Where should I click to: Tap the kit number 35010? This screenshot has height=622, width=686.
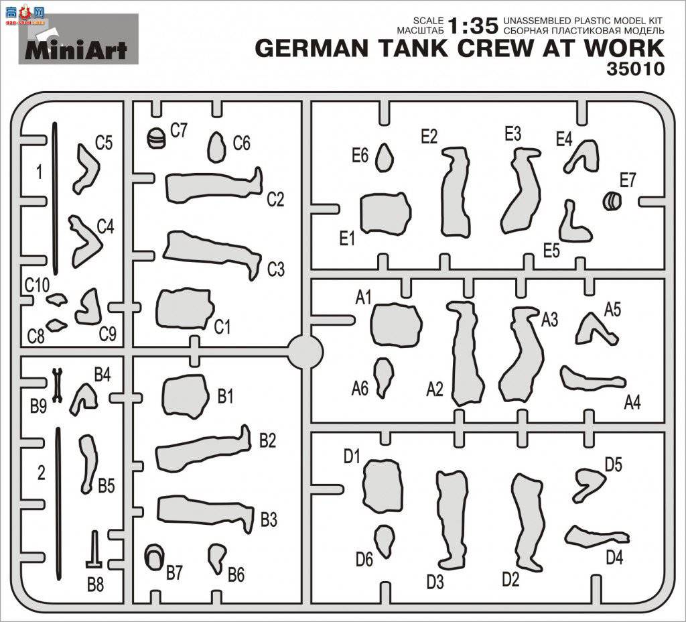(x=635, y=69)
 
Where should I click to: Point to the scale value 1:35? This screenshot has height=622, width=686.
(x=474, y=26)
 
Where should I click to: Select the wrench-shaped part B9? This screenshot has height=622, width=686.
(x=56, y=385)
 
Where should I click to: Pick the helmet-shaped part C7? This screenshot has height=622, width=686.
(x=156, y=138)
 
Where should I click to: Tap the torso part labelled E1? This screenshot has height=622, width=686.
(x=385, y=213)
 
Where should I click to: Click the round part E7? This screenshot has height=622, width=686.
(x=612, y=201)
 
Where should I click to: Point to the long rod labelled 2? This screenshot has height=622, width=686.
(x=58, y=503)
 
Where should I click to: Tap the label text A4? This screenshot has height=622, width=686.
(x=632, y=402)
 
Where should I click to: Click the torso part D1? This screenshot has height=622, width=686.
(x=382, y=486)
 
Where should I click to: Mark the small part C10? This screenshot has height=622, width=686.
(x=56, y=299)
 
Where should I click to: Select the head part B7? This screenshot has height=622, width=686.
(x=154, y=557)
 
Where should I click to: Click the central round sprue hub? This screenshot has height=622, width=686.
(x=305, y=351)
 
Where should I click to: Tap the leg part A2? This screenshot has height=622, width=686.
(x=466, y=353)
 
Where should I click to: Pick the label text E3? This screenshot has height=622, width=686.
(x=512, y=134)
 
